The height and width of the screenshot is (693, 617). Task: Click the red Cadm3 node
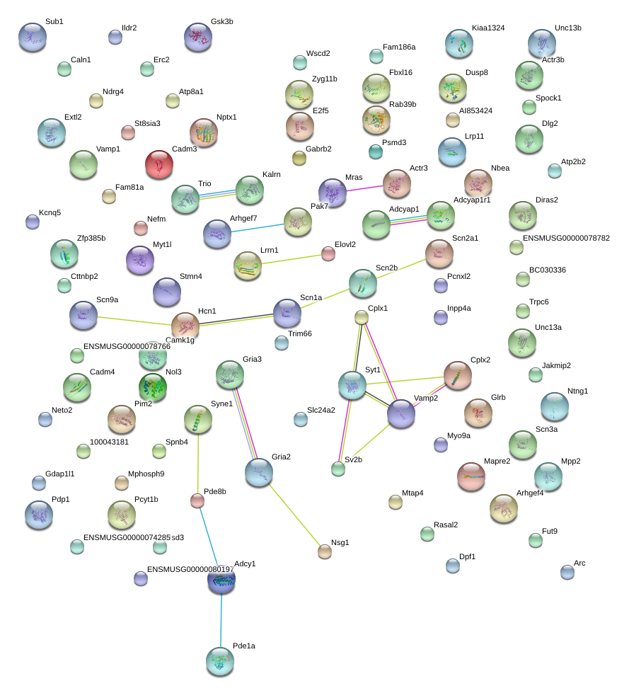[x=160, y=164]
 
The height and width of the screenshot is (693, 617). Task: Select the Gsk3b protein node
[x=198, y=36]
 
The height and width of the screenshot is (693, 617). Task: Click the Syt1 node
[x=352, y=384]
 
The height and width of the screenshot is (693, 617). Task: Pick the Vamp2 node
[x=401, y=413]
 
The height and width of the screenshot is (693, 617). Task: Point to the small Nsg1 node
[x=325, y=551]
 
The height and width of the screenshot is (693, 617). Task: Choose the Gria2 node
[x=259, y=472]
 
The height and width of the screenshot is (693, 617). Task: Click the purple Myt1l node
[x=139, y=260]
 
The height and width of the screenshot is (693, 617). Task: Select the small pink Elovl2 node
[x=328, y=253]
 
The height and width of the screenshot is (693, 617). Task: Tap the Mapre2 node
[x=471, y=476]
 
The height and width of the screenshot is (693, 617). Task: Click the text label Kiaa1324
[x=488, y=28]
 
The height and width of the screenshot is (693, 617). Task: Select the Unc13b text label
[x=568, y=28]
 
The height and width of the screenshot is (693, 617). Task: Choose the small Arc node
[x=567, y=572]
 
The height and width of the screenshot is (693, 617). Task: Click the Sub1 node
[x=32, y=36]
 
